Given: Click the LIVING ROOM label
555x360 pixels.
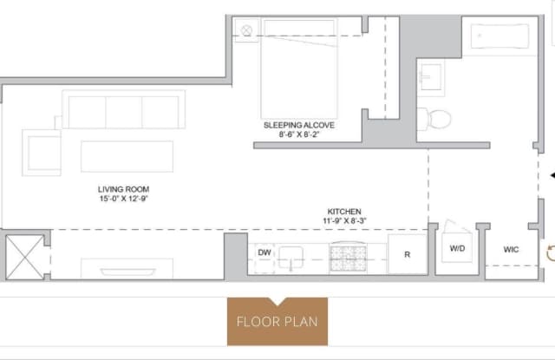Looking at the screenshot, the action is coord(123,189).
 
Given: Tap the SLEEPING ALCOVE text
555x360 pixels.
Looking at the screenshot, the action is coord(299,125).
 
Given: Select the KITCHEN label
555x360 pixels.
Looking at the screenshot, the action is coord(344,212).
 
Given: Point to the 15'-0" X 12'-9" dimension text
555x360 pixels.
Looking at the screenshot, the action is coord(123,199).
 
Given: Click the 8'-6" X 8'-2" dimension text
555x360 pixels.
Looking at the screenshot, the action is coord(299,134).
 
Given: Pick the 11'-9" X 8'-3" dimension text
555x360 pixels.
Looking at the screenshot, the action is coord(344,221).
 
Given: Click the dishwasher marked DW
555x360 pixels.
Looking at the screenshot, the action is coord(264,259).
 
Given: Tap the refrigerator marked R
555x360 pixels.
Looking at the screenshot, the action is coord(408,254).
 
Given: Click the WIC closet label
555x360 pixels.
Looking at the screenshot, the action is coord(511,250).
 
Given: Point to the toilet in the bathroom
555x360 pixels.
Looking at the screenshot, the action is coord(434,119).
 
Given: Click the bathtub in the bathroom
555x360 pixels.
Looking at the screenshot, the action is coord(499,36).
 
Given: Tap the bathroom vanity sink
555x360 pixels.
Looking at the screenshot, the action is coord(431,78).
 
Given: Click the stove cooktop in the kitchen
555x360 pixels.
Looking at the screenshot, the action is coord(349,258).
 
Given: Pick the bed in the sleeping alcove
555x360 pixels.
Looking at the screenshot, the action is coord(299,69).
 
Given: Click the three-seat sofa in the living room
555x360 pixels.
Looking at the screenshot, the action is coord(123,109).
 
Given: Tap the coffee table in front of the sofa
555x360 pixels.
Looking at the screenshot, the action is coord(127,156).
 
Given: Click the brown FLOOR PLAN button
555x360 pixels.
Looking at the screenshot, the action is coord(277,322).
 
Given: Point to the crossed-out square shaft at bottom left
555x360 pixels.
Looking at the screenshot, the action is coord(25,258).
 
